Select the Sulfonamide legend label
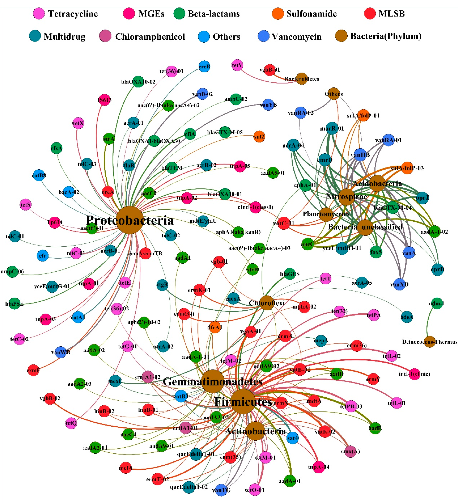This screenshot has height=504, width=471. [x=311, y=14]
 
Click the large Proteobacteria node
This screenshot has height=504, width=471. [x=129, y=220]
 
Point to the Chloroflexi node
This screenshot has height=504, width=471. [x=267, y=303]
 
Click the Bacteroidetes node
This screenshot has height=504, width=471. [x=301, y=79]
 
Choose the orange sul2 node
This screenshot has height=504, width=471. [x=259, y=137]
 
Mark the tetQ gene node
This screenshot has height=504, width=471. [x=71, y=423]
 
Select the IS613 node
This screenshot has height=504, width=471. [x=105, y=100]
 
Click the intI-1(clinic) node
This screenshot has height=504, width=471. [x=414, y=374]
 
